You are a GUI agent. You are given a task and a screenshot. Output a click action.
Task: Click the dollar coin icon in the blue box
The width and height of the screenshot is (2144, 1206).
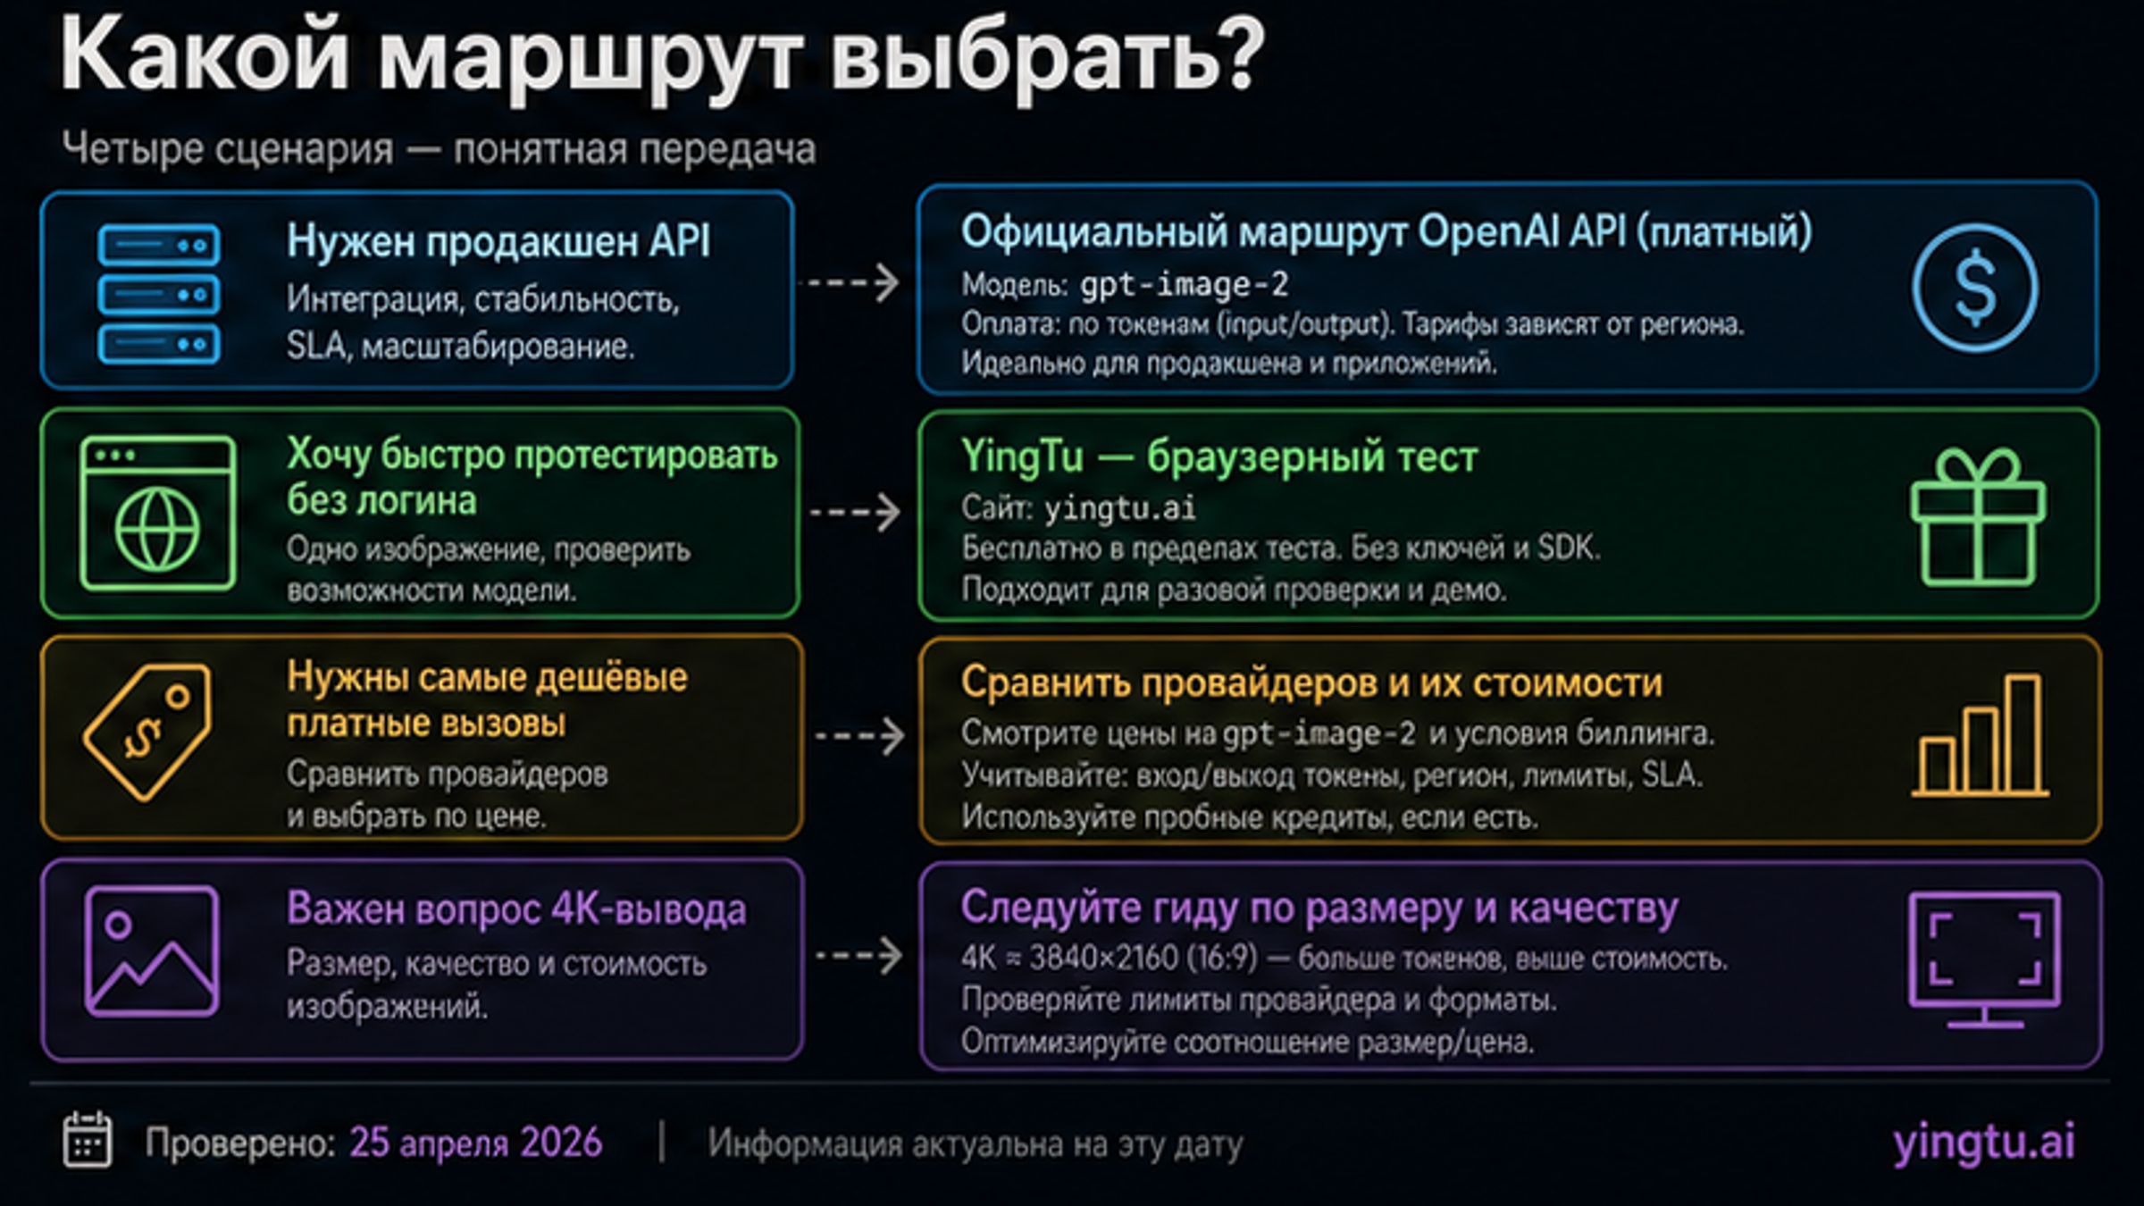1975,288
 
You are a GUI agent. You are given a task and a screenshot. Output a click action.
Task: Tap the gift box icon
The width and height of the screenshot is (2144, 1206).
1978,517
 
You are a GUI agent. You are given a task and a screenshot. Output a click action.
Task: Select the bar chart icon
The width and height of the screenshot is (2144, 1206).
1980,735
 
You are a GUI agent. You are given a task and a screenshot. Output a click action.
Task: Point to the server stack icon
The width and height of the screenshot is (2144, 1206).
159,294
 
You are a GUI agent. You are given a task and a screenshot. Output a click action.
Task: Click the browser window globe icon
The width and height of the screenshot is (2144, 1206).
157,513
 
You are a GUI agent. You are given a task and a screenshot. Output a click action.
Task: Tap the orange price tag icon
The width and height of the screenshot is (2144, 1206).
148,731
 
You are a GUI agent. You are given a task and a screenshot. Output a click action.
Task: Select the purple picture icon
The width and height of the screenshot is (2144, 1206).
151,951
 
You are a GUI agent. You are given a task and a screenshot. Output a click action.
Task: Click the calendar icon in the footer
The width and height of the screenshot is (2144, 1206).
88,1140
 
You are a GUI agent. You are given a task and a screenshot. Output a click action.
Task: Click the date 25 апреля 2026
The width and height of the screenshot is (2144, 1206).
475,1143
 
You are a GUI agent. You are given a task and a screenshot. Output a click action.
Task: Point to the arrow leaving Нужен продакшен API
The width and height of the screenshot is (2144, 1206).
852,282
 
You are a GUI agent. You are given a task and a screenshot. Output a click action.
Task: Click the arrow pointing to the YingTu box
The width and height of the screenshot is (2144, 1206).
855,513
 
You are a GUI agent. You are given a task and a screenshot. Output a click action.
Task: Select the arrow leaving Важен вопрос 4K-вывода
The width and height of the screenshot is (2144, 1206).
859,955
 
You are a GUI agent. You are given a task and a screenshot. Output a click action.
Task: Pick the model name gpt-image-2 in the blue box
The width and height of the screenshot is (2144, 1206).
1184,285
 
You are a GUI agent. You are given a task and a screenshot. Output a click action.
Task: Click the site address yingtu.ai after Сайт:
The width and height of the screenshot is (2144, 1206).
1119,509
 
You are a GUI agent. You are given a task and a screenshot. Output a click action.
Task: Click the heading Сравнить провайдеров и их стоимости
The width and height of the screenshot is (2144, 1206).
1311,683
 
